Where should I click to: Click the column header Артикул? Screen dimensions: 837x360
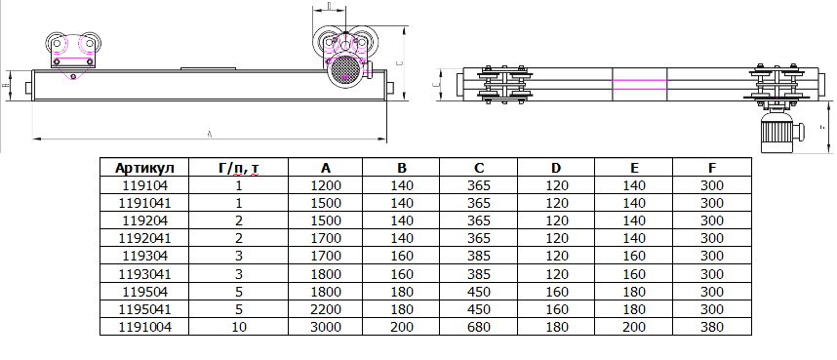click(144, 168)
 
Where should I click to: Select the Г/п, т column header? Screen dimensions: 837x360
click(239, 168)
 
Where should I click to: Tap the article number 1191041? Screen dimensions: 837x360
click(144, 204)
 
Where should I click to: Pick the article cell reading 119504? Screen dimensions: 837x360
click(144, 292)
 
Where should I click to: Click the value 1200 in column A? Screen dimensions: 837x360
click(326, 186)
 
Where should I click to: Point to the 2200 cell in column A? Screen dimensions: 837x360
click(326, 310)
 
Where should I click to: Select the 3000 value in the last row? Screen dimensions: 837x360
click(326, 328)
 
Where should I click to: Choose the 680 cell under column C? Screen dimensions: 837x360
click(479, 328)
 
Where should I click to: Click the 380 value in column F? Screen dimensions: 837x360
click(712, 328)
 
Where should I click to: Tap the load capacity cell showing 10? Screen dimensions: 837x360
click(239, 328)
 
